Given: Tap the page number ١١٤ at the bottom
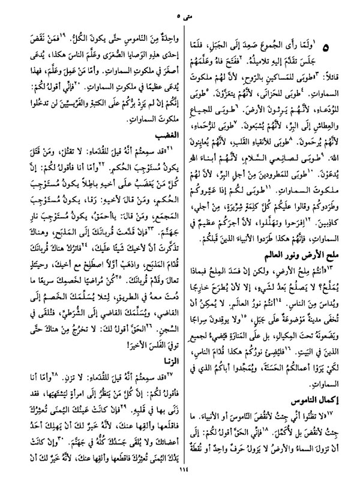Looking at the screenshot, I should pos(179,487).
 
